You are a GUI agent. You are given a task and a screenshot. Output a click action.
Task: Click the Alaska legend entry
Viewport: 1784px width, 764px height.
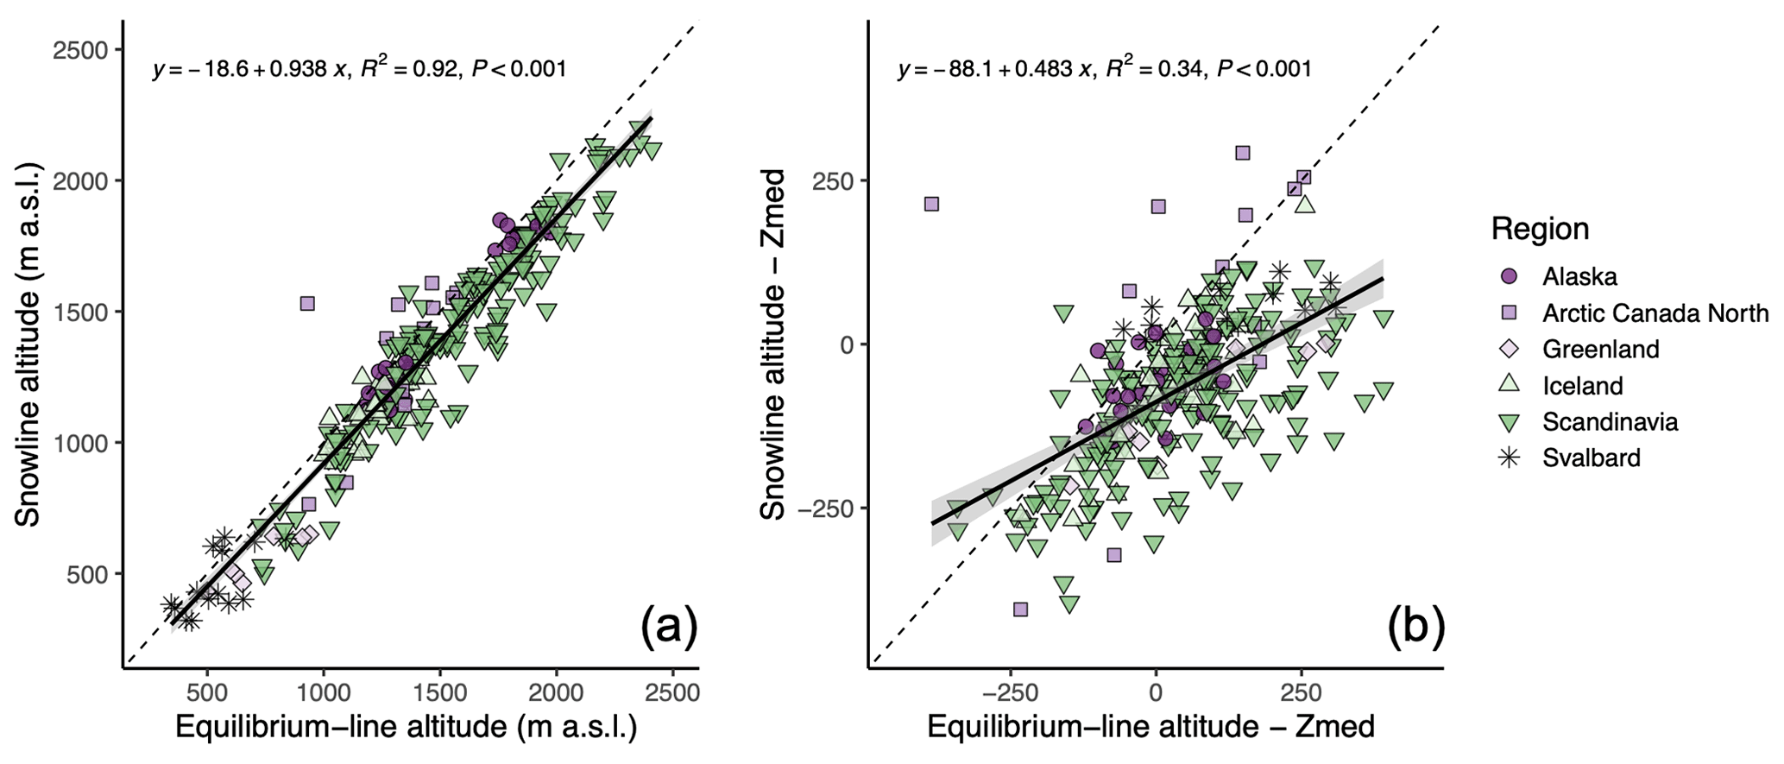[x=1567, y=276]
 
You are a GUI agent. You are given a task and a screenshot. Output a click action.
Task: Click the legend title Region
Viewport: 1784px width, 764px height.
[x=1540, y=229]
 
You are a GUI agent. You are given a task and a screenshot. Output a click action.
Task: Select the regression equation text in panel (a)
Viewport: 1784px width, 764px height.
[x=359, y=69]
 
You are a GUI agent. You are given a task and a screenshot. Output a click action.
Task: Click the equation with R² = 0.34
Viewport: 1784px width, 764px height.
[x=1104, y=69]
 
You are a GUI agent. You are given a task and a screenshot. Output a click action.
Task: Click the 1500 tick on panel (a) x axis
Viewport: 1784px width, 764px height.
[x=439, y=694]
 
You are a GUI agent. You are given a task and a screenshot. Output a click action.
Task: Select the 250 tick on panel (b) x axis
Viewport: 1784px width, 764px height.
[x=1301, y=694]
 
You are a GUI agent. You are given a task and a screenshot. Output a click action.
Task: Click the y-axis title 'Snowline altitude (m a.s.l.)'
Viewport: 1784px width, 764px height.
[x=28, y=344]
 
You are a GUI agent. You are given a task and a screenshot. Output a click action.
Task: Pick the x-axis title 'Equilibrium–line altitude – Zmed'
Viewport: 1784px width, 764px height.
[x=1150, y=727]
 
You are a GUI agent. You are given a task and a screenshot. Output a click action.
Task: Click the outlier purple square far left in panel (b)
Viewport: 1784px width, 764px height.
[x=931, y=204]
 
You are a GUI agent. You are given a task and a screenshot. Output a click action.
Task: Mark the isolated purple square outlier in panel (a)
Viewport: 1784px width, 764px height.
[x=307, y=303]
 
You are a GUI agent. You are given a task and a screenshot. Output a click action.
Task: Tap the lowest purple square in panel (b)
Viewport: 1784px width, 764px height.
[x=1020, y=609]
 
